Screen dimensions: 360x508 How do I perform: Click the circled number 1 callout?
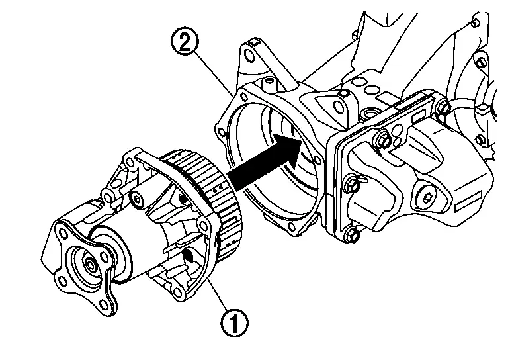[235, 323]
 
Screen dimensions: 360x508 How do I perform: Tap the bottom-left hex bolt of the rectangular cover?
[353, 234]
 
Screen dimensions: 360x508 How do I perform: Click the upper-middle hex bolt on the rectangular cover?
[383, 138]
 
